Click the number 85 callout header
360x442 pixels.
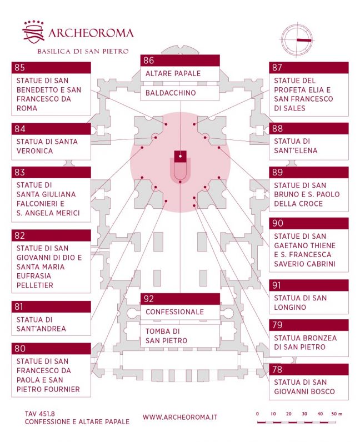(x=51, y=68)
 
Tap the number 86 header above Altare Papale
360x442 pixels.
(x=180, y=61)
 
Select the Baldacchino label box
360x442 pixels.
(x=180, y=93)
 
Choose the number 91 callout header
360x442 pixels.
(x=309, y=285)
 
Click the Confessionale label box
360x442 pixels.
(x=180, y=312)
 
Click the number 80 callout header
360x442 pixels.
(x=51, y=349)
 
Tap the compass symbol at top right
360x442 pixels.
(x=298, y=41)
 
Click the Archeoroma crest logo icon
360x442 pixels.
(x=33, y=33)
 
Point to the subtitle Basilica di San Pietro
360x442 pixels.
(x=83, y=51)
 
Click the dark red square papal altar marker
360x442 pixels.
(x=180, y=155)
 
